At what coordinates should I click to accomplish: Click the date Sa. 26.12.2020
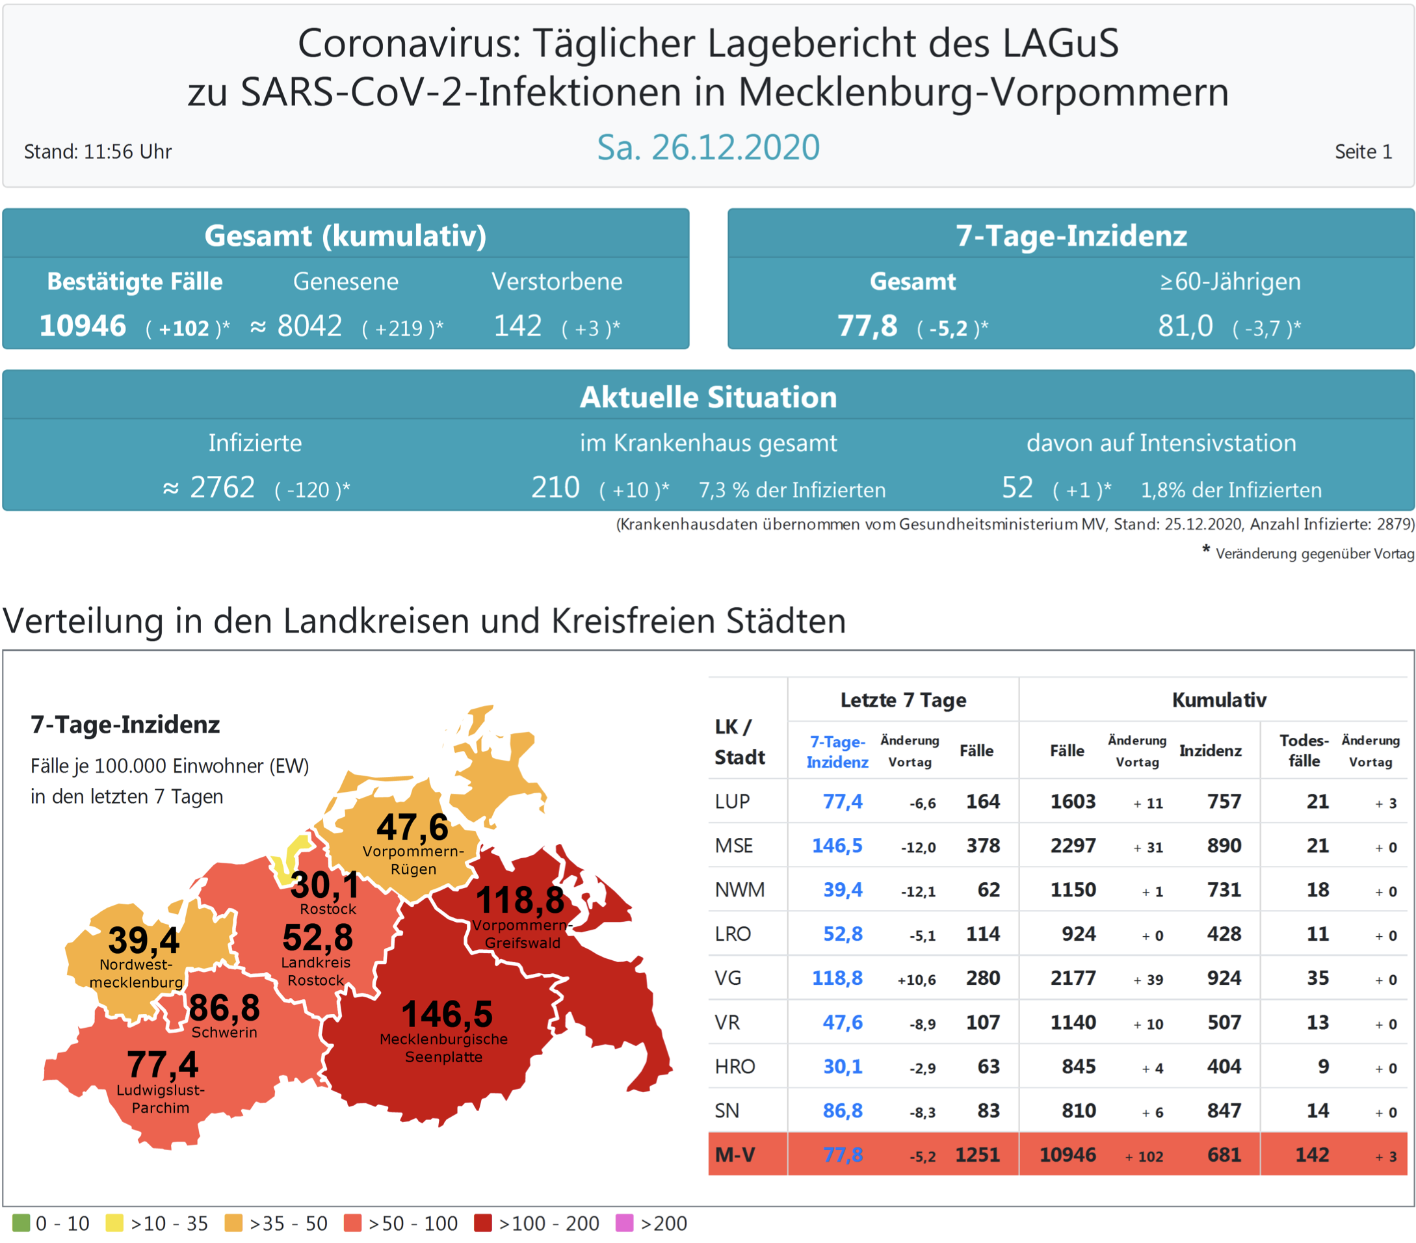coord(708,148)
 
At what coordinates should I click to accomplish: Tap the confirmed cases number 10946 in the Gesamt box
coord(83,326)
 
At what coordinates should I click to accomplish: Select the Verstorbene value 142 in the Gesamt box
coord(518,326)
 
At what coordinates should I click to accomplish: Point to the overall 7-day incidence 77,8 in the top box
coord(867,326)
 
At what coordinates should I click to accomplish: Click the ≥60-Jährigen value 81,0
coord(1185,326)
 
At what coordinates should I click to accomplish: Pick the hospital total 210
coord(555,488)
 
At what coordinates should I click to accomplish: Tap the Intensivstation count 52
coord(1017,488)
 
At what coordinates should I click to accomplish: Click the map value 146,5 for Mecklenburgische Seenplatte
coord(447,1014)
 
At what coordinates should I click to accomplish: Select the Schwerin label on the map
coord(224,1032)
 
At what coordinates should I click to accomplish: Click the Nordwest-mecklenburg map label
coord(137,973)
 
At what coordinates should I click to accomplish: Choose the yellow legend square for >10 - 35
coord(114,1223)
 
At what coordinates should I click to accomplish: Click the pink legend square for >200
coord(624,1223)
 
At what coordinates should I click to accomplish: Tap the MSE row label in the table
coord(733,845)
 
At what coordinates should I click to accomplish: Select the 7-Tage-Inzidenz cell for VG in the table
coord(837,978)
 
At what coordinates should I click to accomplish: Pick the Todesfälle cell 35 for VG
coord(1317,978)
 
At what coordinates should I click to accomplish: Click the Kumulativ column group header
coord(1218,700)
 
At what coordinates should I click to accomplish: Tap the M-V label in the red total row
coord(735,1155)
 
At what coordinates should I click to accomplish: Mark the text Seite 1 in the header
coord(1363,151)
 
